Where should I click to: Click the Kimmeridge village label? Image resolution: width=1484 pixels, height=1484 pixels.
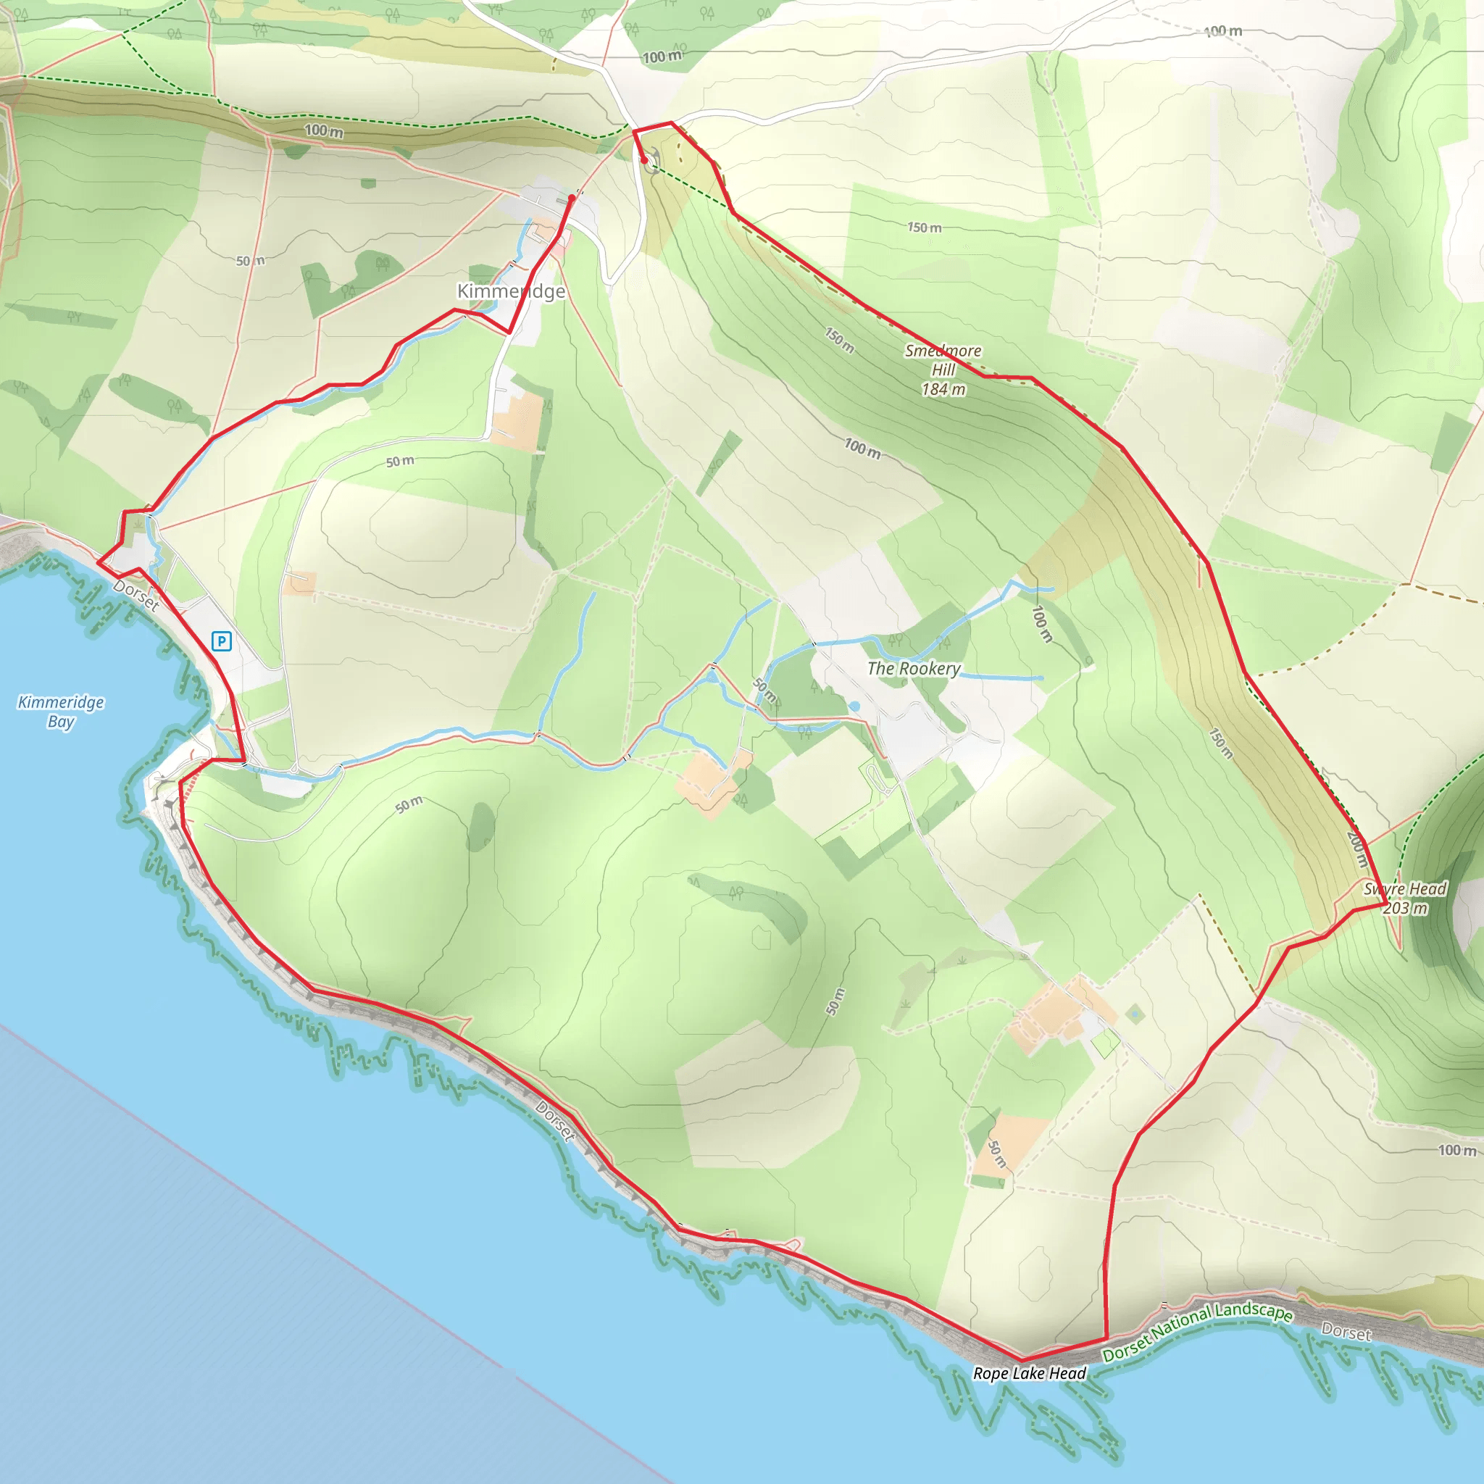tap(511, 291)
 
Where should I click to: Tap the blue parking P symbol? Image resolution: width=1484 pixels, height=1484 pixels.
tap(221, 641)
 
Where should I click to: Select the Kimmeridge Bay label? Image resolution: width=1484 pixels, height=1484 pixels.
tap(61, 712)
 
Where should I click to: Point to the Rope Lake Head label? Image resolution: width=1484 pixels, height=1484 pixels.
tap(1029, 1372)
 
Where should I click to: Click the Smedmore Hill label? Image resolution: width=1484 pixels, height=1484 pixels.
tap(943, 351)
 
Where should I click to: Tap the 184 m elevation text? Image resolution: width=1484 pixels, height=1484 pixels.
tap(943, 389)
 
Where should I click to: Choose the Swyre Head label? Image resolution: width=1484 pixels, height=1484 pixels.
tap(1404, 888)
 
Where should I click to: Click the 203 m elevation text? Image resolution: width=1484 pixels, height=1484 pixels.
tap(1405, 908)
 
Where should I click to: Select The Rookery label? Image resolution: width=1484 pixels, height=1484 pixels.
tap(913, 668)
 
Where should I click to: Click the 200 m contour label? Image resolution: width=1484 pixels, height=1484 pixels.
tap(1356, 849)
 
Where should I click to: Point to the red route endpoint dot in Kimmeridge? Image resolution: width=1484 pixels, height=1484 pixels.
tap(572, 198)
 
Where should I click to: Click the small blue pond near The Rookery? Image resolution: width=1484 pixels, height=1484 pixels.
tap(854, 706)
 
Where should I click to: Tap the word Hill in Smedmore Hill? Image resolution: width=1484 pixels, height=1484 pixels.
tap(943, 370)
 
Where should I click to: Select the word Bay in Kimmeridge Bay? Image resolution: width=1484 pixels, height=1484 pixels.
tap(61, 721)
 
